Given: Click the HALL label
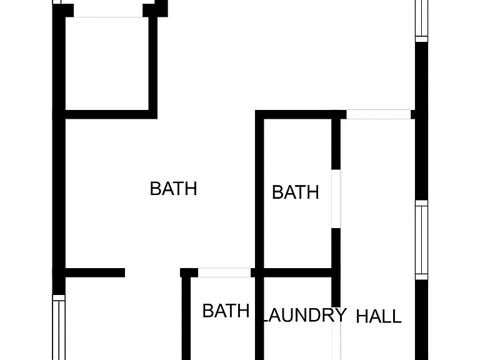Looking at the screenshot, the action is tap(379, 316).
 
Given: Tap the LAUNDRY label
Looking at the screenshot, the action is tap(304, 315).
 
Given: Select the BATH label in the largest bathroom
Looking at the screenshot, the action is tap(173, 189).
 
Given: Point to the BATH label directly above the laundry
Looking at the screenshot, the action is tap(296, 192).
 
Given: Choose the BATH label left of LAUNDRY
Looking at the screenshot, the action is tap(226, 311).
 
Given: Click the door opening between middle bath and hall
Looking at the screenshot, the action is tap(336, 199).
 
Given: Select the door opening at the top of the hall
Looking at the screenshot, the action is tap(378, 114).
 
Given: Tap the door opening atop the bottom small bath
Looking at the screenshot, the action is tap(224, 272).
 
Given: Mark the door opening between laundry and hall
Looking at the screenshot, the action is tap(336, 334).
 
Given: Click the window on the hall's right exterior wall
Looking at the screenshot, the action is tap(421, 240).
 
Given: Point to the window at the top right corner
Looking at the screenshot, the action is tap(421, 21).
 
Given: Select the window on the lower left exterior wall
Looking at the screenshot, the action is tap(59, 327).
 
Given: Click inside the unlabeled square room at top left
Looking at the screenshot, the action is tap(107, 63).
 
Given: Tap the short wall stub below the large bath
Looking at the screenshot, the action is tap(95, 272).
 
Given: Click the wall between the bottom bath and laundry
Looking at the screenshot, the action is tap(259, 316).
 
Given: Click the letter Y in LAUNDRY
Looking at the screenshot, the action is tap(341, 315).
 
